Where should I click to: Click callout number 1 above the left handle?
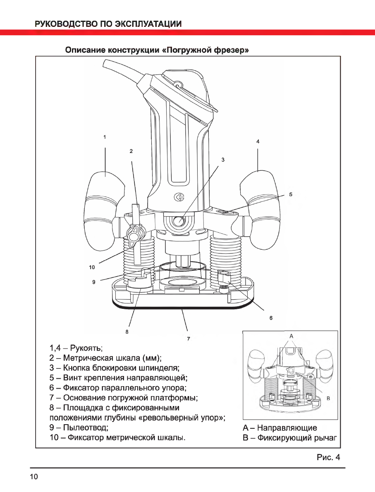(105, 137)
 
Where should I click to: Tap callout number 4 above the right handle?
(258, 141)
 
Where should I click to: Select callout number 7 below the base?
(188, 339)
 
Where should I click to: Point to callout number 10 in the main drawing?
(92, 267)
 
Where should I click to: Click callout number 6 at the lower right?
(271, 318)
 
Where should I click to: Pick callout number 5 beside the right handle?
(291, 194)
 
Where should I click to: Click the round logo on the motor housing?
(180, 198)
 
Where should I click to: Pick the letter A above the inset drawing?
(291, 336)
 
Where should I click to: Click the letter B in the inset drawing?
(328, 398)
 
